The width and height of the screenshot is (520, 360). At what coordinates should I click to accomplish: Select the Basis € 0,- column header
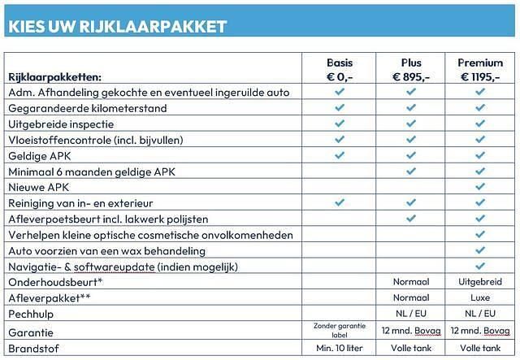340,69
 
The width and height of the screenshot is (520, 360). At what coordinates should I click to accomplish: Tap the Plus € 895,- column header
411,69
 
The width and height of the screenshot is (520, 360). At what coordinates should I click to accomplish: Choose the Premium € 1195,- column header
480,69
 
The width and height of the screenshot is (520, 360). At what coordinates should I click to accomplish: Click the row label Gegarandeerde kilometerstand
87,108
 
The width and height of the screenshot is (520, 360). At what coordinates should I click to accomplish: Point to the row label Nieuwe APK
39,187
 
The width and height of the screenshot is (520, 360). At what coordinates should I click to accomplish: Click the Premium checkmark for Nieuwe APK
480,187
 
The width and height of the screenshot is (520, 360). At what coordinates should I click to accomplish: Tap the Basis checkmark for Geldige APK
340,155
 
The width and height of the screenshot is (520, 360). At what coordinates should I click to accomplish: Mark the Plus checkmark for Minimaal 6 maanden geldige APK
411,171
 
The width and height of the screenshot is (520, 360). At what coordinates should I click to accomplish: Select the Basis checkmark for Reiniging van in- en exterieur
340,202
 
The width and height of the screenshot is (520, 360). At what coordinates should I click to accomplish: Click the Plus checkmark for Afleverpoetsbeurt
411,219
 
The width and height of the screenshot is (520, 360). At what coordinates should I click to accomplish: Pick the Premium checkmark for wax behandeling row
480,250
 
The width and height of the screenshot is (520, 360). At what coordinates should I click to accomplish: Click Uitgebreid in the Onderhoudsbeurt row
480,282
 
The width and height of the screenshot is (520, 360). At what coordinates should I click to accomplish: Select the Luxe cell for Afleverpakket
480,297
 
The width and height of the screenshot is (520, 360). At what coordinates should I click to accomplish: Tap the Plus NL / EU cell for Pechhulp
411,313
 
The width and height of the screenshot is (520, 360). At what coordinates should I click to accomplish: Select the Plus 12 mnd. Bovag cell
411,332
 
